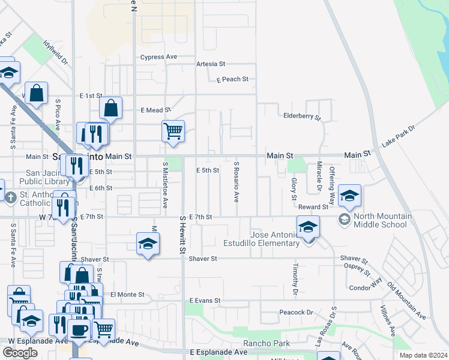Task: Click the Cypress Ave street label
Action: coord(158,57)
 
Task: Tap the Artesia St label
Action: coord(210,64)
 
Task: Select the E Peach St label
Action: coord(233,79)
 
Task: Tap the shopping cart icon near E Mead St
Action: coord(173,130)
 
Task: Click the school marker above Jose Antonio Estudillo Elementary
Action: coord(308,226)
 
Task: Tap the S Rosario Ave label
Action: coord(237,181)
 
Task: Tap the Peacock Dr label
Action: coord(297,313)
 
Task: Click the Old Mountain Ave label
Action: coord(406,301)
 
